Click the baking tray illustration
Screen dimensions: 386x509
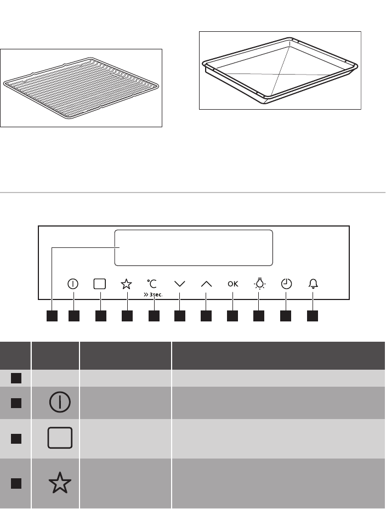pyautogui.click(x=280, y=70)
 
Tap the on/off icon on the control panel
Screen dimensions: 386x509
pyautogui.click(x=73, y=284)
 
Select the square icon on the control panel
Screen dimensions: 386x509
pyautogui.click(x=100, y=284)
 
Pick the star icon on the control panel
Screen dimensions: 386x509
pyautogui.click(x=126, y=284)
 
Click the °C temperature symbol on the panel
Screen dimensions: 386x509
pyautogui.click(x=151, y=284)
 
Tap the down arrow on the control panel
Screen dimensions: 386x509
pyautogui.click(x=180, y=284)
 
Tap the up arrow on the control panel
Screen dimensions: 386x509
pyautogui.click(x=206, y=284)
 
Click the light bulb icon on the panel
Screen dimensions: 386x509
pyautogui.click(x=259, y=284)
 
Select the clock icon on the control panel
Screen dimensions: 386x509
pyautogui.click(x=286, y=284)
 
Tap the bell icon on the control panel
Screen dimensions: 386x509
pyautogui.click(x=313, y=284)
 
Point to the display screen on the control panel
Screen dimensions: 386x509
pyautogui.click(x=194, y=248)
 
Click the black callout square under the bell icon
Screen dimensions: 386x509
pyautogui.click(x=313, y=316)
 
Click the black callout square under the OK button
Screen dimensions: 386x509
pyautogui.click(x=232, y=316)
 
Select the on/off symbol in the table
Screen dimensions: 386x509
pyautogui.click(x=60, y=402)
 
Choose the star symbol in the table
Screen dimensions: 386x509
pyautogui.click(x=60, y=483)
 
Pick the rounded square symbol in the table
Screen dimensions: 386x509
pyautogui.click(x=60, y=438)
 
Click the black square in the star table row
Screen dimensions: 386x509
pyautogui.click(x=16, y=483)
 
